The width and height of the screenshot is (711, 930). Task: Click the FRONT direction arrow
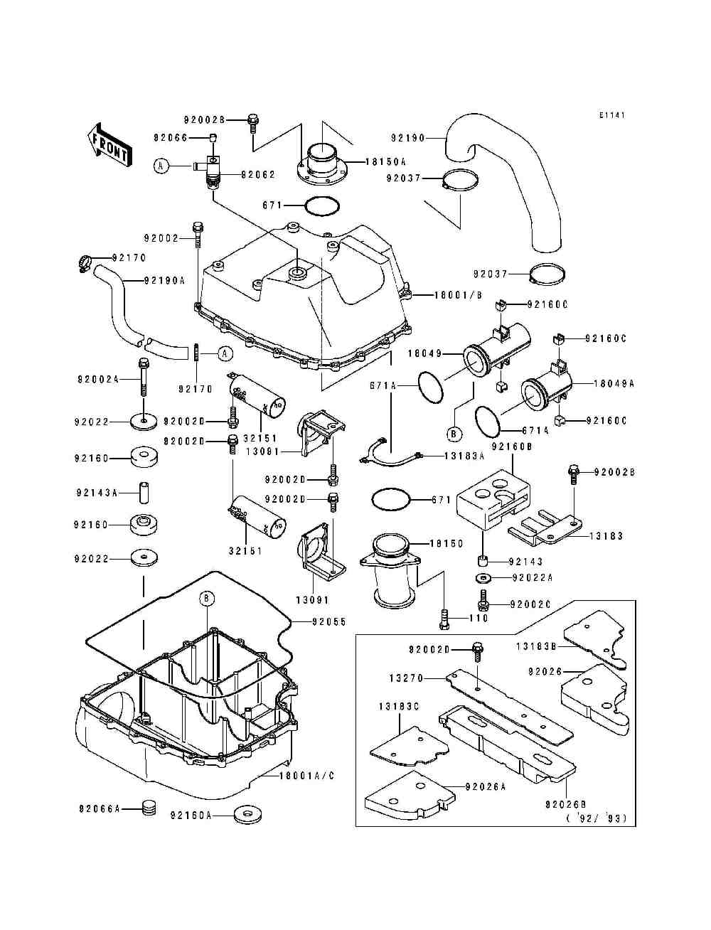(x=109, y=145)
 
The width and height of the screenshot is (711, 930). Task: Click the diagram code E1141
(x=612, y=115)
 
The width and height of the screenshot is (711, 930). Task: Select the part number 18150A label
(x=385, y=162)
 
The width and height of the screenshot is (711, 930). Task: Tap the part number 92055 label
(x=329, y=621)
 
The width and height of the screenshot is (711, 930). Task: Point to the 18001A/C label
(x=307, y=776)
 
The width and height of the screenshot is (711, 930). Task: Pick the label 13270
(x=407, y=678)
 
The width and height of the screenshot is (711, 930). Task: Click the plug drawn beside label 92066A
(x=148, y=808)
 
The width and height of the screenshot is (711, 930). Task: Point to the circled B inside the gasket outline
(x=207, y=598)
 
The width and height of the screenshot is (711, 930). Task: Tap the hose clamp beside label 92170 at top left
(x=85, y=264)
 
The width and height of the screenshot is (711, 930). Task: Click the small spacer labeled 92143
(x=482, y=562)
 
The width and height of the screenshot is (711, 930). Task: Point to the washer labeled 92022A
(x=482, y=577)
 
